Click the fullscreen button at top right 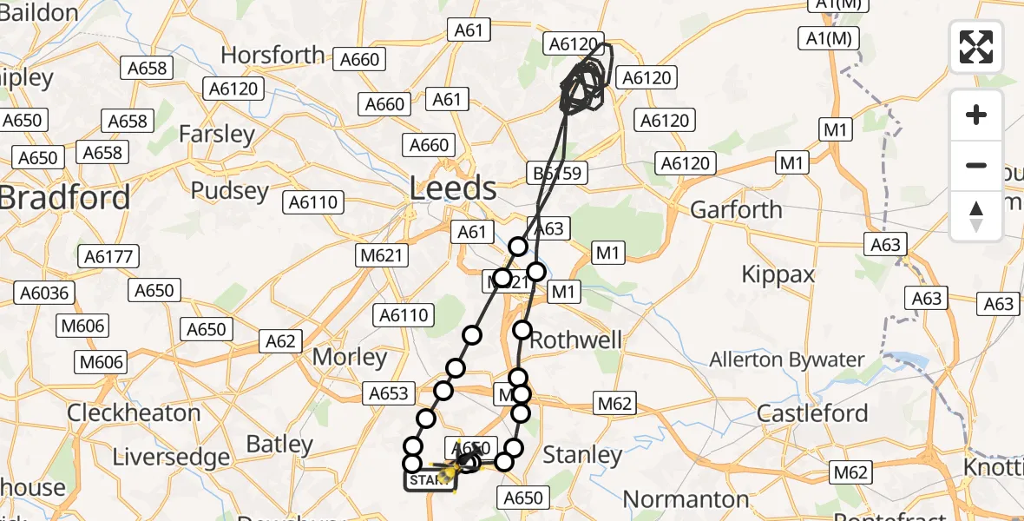(x=976, y=46)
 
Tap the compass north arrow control (x=976, y=215)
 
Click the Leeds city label (x=454, y=188)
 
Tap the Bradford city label (x=65, y=197)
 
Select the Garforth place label (x=736, y=209)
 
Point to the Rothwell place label (x=575, y=340)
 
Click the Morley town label (x=349, y=357)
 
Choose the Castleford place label (x=812, y=413)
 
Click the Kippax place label (x=778, y=275)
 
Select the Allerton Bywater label (x=786, y=359)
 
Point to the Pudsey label (x=229, y=190)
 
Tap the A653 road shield (x=388, y=393)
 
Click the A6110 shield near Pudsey (x=315, y=202)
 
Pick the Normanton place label (x=686, y=499)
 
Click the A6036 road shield (x=43, y=293)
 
